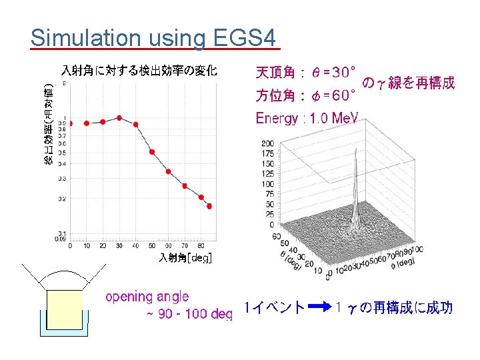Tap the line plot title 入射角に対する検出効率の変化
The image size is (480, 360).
pyautogui.click(x=139, y=70)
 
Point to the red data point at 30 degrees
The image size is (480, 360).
pyautogui.click(x=119, y=118)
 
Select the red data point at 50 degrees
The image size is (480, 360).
pyautogui.click(x=151, y=152)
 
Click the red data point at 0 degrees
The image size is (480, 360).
pyautogui.click(x=70, y=123)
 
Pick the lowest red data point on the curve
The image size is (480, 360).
pyautogui.click(x=209, y=207)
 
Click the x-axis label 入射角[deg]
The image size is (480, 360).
pyautogui.click(x=185, y=258)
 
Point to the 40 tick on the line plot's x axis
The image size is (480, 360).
pyautogui.click(x=135, y=246)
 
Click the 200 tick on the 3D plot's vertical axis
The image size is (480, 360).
pyautogui.click(x=267, y=143)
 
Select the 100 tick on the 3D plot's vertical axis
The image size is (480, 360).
pyautogui.click(x=267, y=184)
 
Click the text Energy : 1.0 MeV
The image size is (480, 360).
pyautogui.click(x=307, y=118)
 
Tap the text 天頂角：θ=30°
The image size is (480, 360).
pyautogui.click(x=306, y=71)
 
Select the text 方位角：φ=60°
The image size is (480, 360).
pyautogui.click(x=306, y=96)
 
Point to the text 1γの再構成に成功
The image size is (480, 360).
pyautogui.click(x=395, y=307)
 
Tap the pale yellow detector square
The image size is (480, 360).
pyautogui.click(x=64, y=309)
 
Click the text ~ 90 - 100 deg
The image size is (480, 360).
pyautogui.click(x=189, y=313)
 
